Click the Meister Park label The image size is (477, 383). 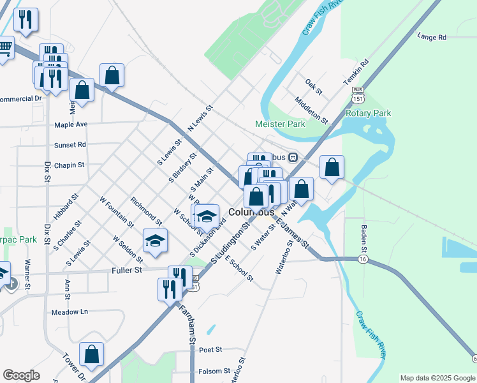tap(280, 124)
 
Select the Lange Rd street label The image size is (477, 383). tap(432, 37)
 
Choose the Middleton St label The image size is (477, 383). tap(311, 109)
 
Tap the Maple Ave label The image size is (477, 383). tap(71, 124)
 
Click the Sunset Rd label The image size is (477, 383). tap(70, 145)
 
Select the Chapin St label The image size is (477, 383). tap(69, 165)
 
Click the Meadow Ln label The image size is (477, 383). tap(70, 312)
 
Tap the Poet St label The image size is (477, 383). tap(210, 350)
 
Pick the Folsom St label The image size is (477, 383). tap(214, 371)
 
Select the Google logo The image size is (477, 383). tap(21, 375)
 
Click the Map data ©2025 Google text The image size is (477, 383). tap(437, 378)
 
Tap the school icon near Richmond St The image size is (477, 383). tap(155, 241)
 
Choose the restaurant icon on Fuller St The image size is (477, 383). tap(170, 289)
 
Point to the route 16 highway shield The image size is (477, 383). tap(363, 259)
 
